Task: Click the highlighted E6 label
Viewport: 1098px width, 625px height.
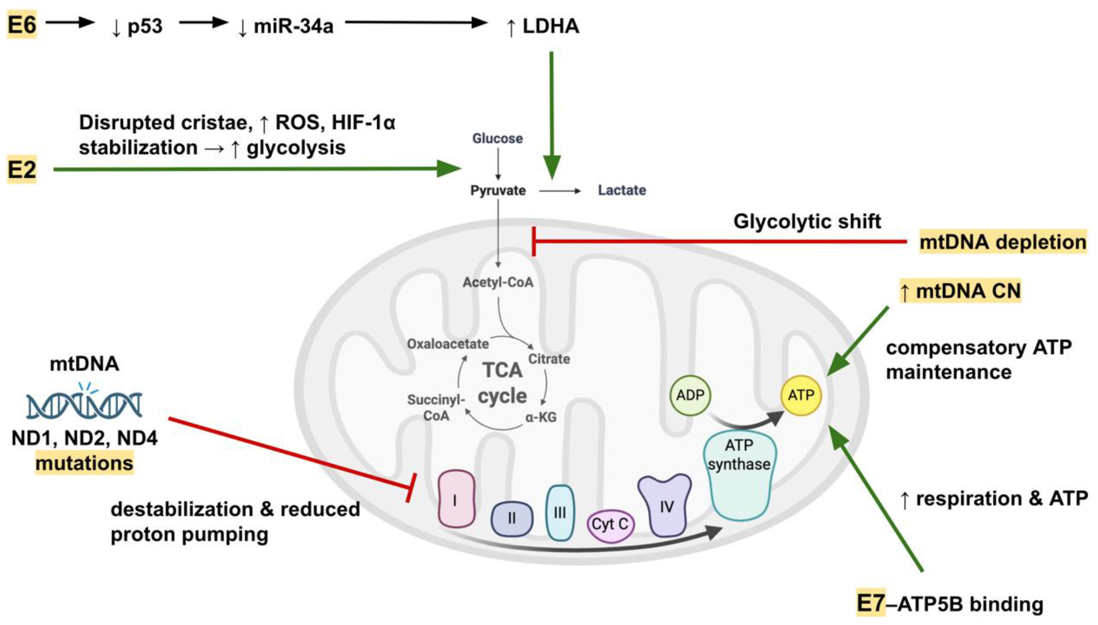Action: click(x=21, y=25)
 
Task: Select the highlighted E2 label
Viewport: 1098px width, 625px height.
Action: click(x=21, y=170)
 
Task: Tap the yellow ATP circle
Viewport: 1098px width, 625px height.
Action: click(x=801, y=395)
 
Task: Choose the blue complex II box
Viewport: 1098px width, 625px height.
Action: click(x=512, y=519)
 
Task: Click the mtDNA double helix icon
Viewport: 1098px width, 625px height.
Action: click(x=84, y=403)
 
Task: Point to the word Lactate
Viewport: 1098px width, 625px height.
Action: click(x=622, y=190)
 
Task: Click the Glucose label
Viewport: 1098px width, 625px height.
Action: click(x=497, y=138)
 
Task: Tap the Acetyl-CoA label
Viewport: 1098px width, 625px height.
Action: click(x=498, y=282)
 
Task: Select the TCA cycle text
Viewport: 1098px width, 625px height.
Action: click(x=502, y=383)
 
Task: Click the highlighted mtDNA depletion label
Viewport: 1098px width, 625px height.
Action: click(x=1002, y=242)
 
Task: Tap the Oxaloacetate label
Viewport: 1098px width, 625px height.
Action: click(x=448, y=344)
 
